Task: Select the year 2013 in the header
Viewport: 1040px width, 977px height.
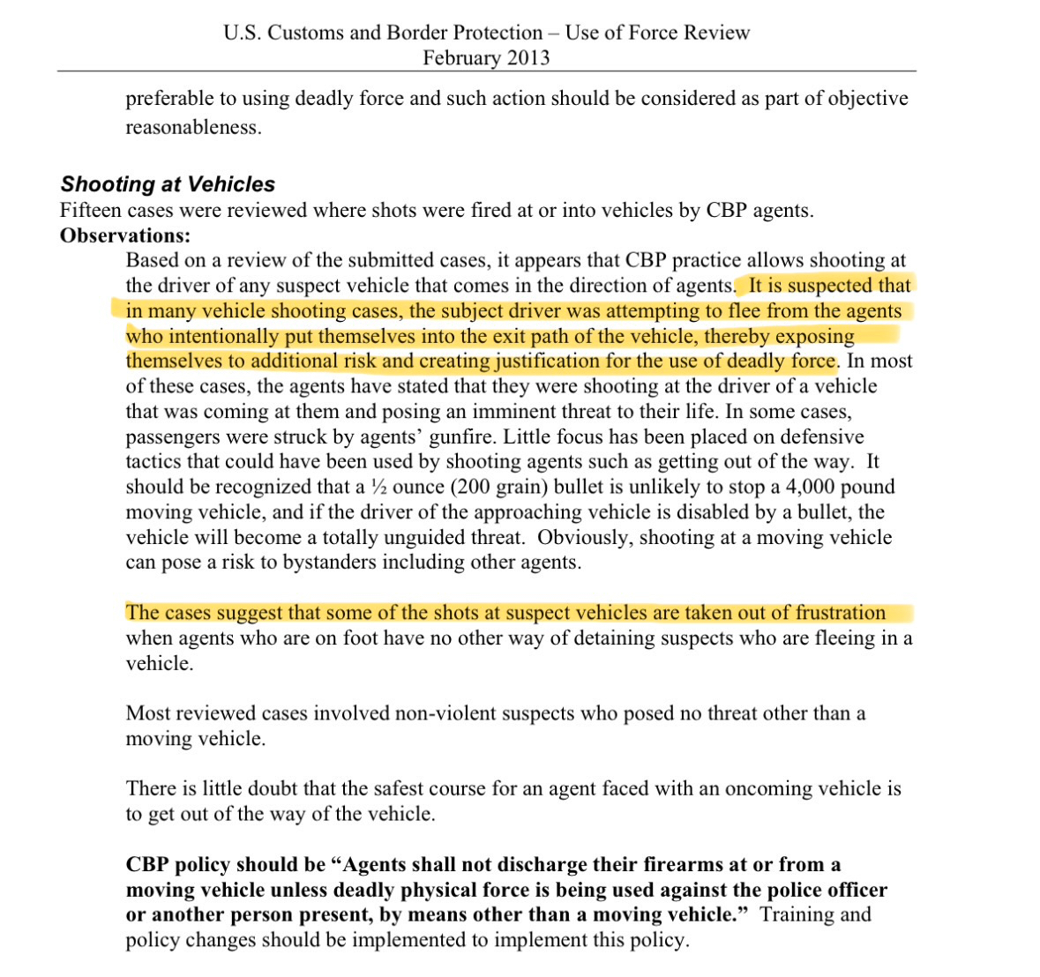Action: (x=524, y=58)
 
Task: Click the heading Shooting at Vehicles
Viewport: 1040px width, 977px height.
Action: (x=168, y=184)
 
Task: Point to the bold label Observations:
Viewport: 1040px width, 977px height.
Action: (x=125, y=235)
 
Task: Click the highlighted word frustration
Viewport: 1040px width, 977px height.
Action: (x=840, y=613)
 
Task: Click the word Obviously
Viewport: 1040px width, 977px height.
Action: (x=585, y=537)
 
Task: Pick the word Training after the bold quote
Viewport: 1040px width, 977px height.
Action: (x=796, y=914)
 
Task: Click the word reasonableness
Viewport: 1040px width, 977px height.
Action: (x=193, y=127)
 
